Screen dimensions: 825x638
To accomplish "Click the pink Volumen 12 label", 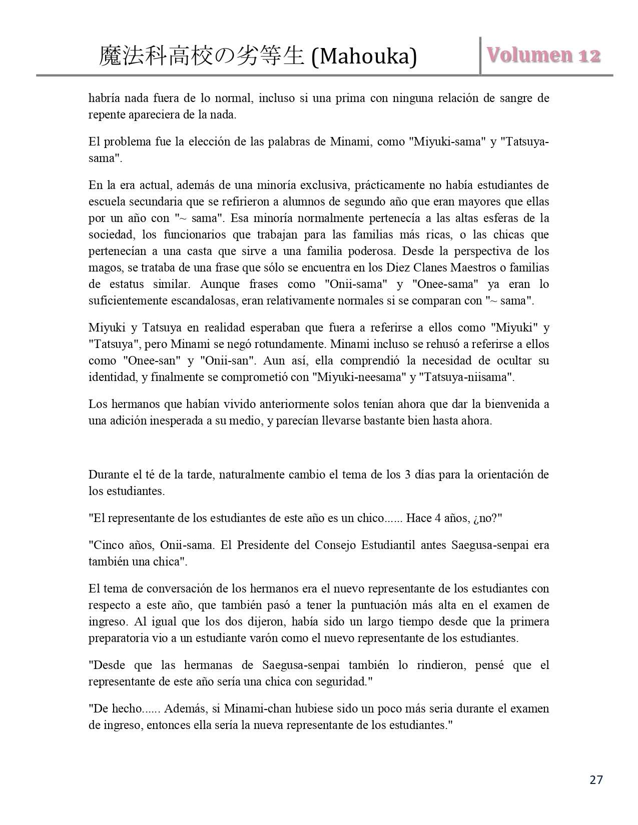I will click(x=543, y=55).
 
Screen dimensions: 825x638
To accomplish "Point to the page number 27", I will click(x=596, y=779).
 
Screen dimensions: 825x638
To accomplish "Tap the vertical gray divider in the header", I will click(x=480, y=56).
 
